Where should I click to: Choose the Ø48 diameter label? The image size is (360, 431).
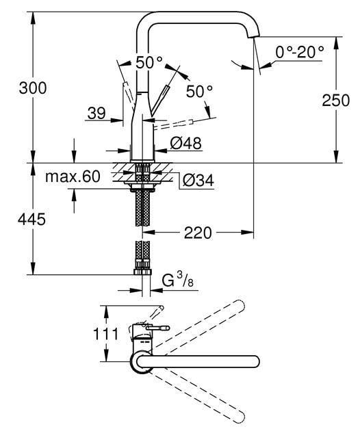[185, 144]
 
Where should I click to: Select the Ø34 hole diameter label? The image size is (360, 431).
[198, 180]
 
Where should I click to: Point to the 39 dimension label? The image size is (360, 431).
[97, 114]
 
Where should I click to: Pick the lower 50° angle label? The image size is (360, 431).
[199, 90]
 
